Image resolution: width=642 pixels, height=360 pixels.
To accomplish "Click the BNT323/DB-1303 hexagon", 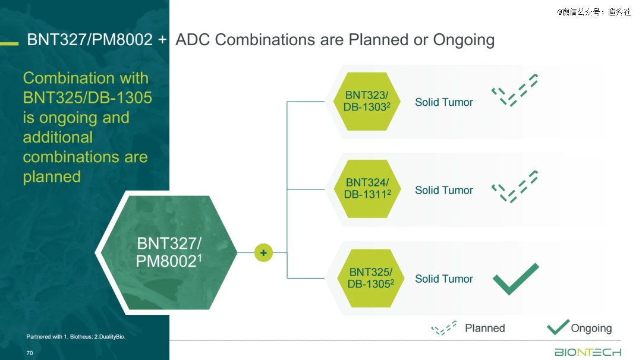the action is click(367, 102).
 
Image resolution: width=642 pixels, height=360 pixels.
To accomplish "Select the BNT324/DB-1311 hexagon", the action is click(367, 188).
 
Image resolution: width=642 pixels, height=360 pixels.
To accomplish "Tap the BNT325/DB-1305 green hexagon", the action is click(370, 278).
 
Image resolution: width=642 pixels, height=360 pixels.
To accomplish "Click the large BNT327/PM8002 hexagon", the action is click(168, 252).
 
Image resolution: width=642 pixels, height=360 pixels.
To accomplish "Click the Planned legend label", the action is click(485, 328).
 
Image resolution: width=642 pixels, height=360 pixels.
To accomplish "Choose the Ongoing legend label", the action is click(591, 329).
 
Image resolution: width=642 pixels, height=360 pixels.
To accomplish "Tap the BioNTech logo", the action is click(588, 352).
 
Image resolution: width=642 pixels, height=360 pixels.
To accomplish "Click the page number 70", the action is click(30, 353).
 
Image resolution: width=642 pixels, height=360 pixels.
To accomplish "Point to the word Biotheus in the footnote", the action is click(81, 337).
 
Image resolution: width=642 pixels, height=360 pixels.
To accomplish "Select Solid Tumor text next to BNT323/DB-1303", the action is click(444, 102).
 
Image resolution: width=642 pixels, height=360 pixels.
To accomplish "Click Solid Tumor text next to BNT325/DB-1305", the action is click(444, 279).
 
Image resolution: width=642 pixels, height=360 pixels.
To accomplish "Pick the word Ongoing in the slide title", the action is click(464, 40).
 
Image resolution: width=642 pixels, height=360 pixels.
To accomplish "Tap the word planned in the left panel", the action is click(52, 177).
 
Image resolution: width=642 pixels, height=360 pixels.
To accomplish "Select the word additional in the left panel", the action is click(58, 137).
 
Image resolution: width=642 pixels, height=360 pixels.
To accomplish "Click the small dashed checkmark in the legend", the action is click(443, 328).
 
